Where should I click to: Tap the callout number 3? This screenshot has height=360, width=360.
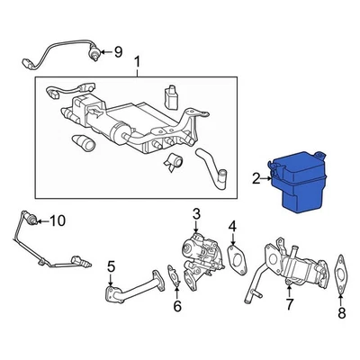click(x=196, y=214)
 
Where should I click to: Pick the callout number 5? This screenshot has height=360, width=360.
click(x=112, y=266)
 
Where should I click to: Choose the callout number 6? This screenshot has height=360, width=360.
click(x=177, y=306)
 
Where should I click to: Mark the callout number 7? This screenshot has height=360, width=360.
click(x=290, y=306)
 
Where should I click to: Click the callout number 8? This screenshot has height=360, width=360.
click(x=341, y=313)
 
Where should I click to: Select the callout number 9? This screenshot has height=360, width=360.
click(x=117, y=50)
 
